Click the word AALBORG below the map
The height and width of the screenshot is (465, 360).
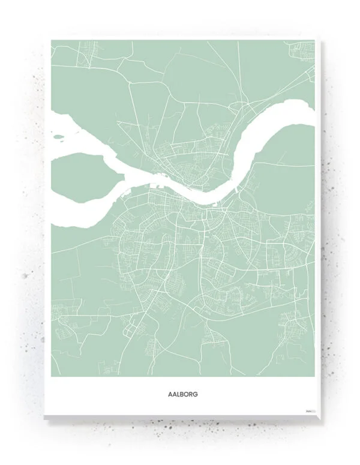click(182, 395)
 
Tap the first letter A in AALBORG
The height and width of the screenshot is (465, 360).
click(171, 395)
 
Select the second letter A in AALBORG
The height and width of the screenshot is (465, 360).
click(175, 395)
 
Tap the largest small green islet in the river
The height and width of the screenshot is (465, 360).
click(59, 136)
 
